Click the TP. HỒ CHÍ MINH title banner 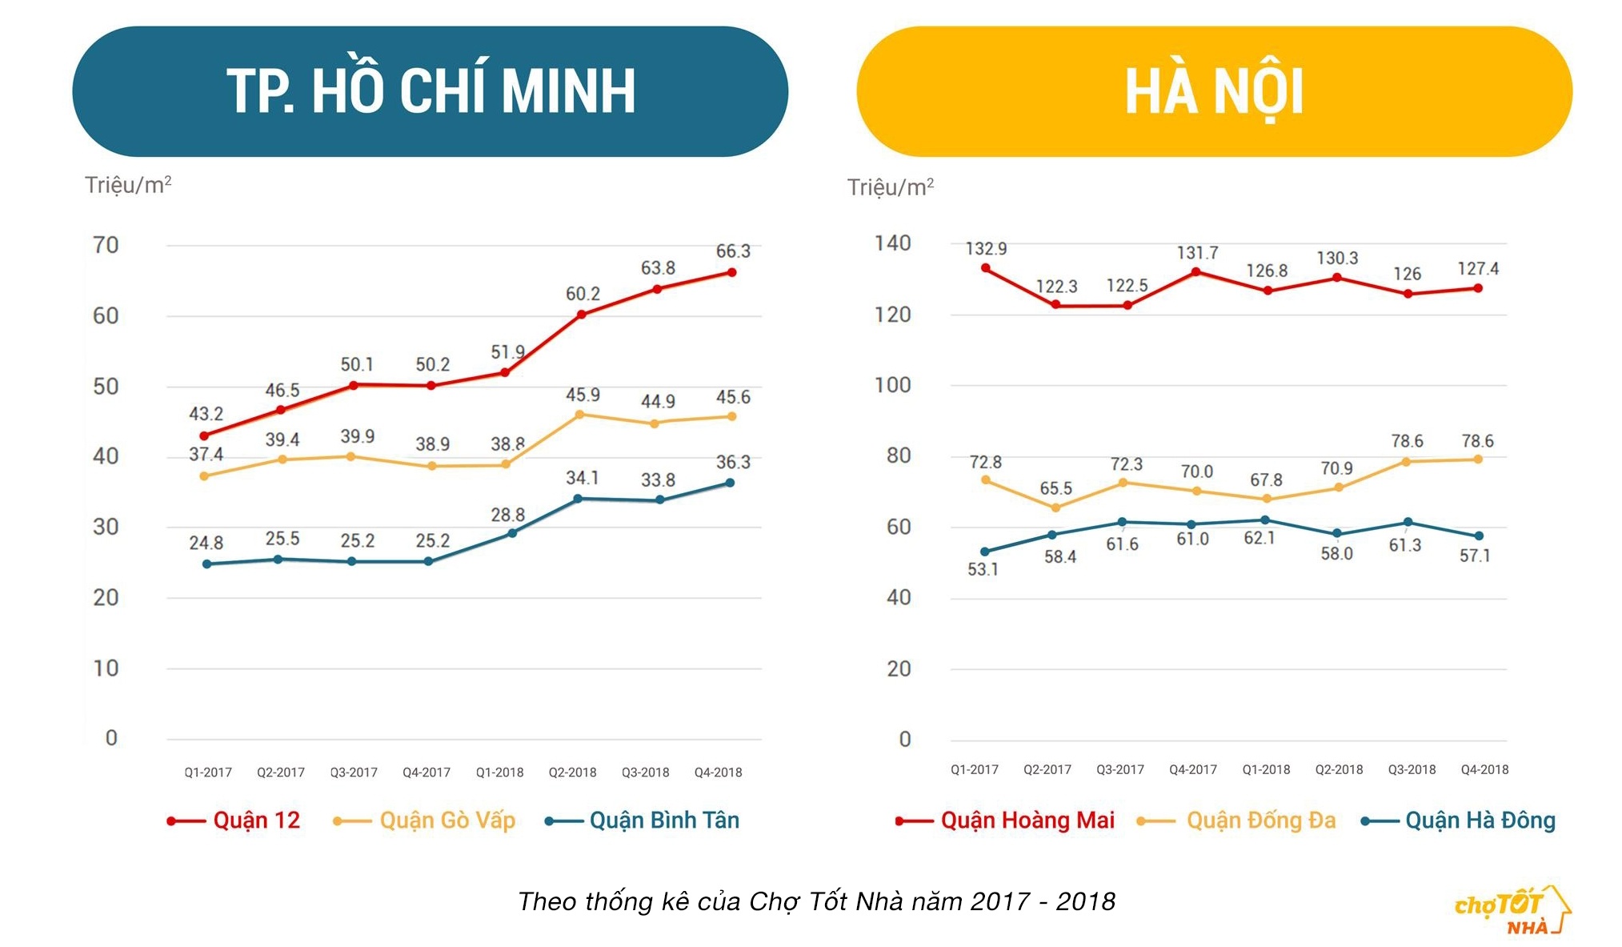click(430, 91)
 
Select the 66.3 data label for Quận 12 click(733, 251)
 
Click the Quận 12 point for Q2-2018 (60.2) click(582, 315)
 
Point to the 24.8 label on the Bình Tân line click(206, 543)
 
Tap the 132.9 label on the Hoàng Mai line click(986, 249)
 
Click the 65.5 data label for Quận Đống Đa click(1055, 488)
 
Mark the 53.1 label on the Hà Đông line click(983, 569)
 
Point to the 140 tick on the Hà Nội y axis click(892, 243)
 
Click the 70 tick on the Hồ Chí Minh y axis click(106, 245)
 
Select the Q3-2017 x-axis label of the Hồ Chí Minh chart click(354, 772)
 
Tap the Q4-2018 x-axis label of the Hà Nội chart click(1484, 769)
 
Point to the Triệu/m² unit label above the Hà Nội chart click(891, 187)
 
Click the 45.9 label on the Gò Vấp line click(583, 395)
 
